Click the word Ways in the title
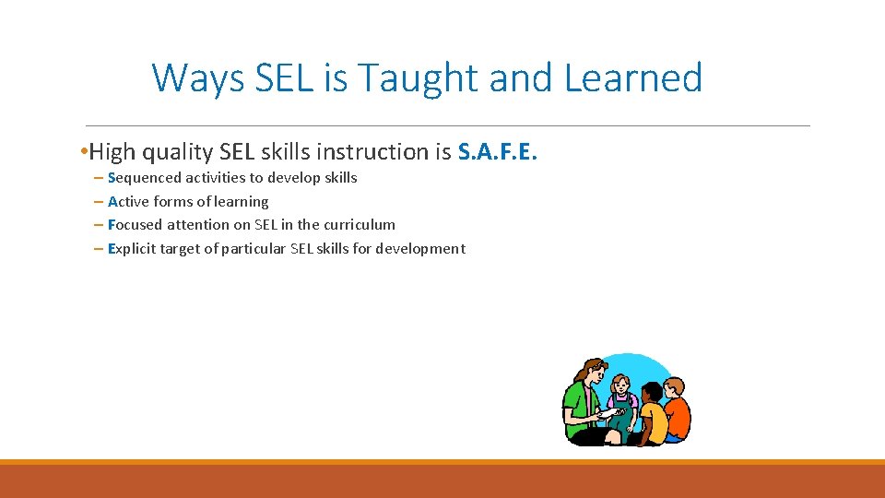click(196, 78)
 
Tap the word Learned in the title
click(632, 78)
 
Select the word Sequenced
click(144, 178)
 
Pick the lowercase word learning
click(241, 202)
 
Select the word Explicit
click(133, 249)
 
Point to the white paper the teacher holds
click(603, 416)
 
